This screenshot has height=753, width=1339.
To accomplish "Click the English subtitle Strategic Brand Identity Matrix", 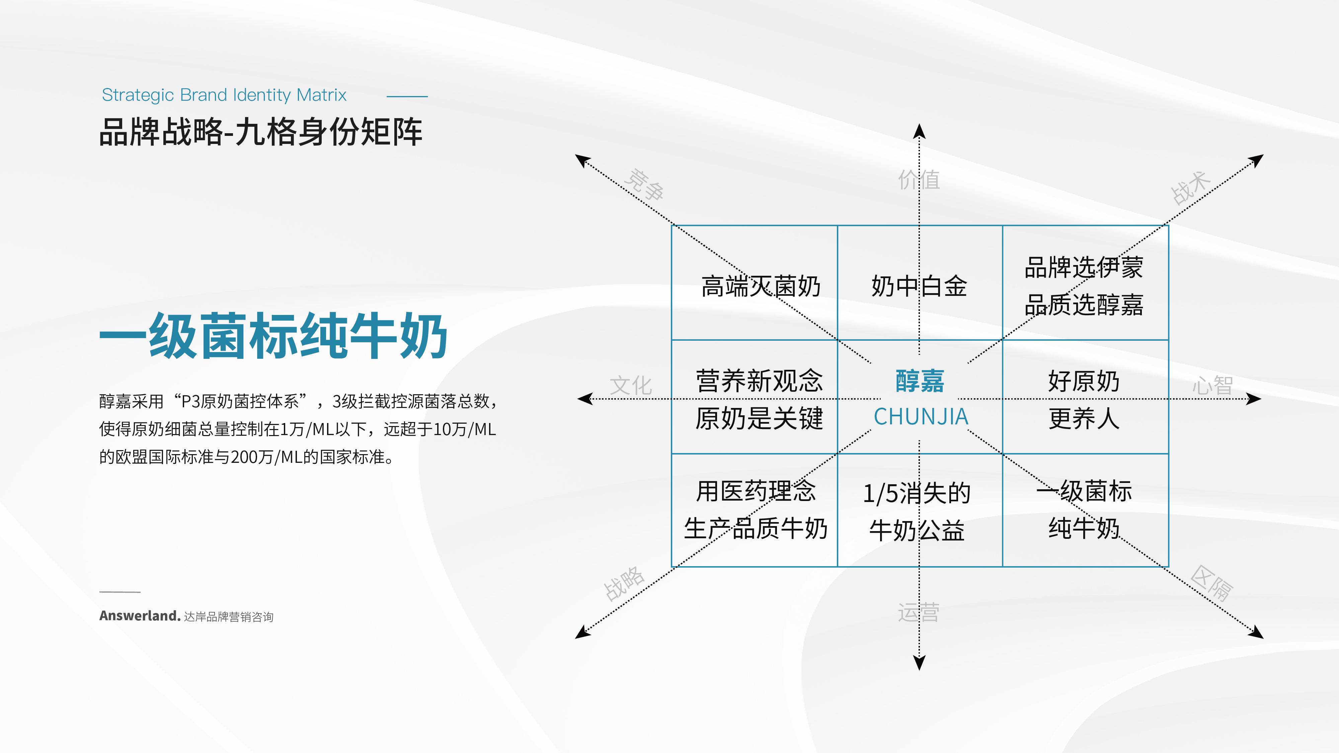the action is tap(224, 95).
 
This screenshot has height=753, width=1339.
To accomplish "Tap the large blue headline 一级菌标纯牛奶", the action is tap(273, 336).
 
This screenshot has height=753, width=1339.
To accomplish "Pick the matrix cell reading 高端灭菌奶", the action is tap(761, 286).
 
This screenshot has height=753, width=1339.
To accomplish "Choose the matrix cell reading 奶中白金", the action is tap(919, 286).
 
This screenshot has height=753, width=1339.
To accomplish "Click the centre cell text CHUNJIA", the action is tap(921, 417).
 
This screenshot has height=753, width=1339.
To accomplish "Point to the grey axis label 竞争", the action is tap(644, 184).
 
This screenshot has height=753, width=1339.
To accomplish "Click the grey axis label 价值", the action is tap(919, 180).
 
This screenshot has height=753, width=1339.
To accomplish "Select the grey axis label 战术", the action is tap(1191, 188).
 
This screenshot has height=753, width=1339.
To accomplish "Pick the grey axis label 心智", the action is tap(1212, 386).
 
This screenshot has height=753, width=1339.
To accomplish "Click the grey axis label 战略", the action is tap(624, 584).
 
